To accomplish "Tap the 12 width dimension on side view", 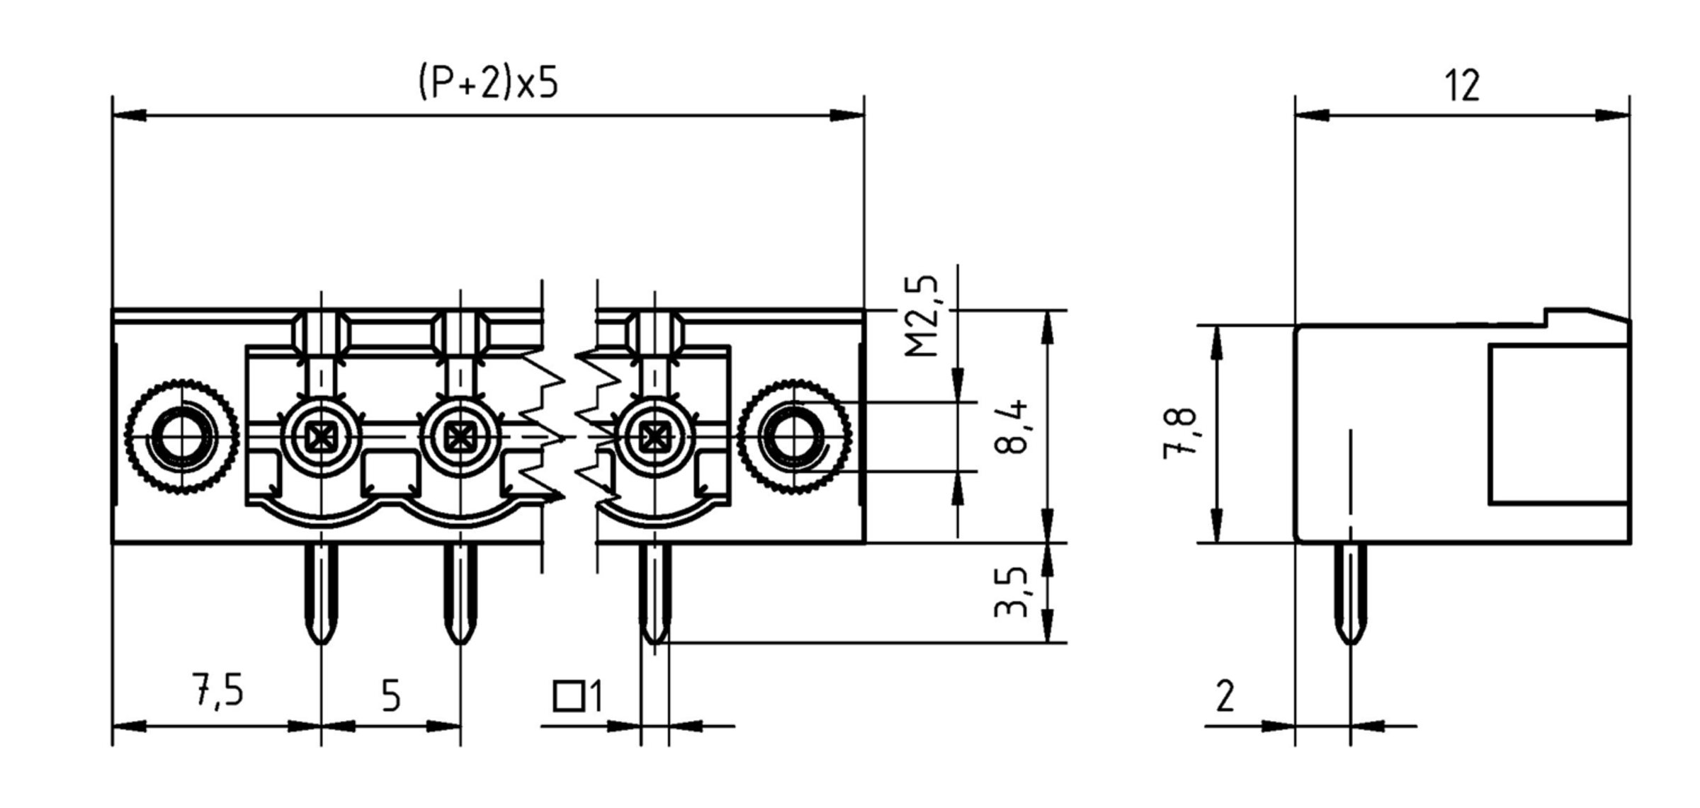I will (x=1461, y=86).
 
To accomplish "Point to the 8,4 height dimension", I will (x=1011, y=428).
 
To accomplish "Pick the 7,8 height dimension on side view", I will (x=1180, y=434).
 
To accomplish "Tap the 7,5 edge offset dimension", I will (x=218, y=691).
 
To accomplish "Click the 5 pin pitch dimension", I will (x=391, y=696).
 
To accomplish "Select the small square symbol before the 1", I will (x=567, y=696).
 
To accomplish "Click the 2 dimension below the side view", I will (x=1225, y=696).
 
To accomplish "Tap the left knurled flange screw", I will (x=182, y=438).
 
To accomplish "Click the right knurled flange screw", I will (x=794, y=438).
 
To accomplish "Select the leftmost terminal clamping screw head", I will (x=322, y=438).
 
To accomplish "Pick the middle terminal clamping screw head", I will (x=460, y=438).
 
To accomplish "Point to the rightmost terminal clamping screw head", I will (x=654, y=438).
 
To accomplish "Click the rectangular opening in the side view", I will (x=1558, y=425).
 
